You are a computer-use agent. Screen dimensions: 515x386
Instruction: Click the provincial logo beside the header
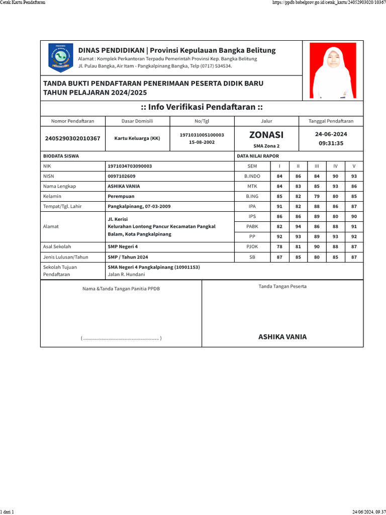tap(60, 57)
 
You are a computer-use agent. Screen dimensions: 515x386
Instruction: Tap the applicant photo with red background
tap(333, 70)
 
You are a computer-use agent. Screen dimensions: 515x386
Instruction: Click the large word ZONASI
tap(266, 134)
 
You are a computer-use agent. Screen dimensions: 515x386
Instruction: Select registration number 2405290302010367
tap(72, 138)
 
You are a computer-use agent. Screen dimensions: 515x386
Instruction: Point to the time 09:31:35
tap(331, 143)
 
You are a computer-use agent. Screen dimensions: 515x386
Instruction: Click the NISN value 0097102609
tap(122, 176)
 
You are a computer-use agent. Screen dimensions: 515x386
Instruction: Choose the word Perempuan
tap(121, 196)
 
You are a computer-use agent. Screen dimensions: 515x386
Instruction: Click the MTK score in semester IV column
tap(335, 186)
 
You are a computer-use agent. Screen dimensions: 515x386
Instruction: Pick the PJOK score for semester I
tap(279, 246)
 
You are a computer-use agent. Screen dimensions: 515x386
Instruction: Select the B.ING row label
tap(252, 196)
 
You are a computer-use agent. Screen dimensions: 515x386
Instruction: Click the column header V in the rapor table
tap(354, 166)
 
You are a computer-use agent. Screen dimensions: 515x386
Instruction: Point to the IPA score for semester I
tap(279, 206)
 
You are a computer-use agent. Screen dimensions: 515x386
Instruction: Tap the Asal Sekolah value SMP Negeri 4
tap(123, 246)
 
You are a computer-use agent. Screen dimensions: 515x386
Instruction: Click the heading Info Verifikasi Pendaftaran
tap(202, 108)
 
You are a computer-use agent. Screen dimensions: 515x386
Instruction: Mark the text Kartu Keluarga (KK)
tap(137, 138)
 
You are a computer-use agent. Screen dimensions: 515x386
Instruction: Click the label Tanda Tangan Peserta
tap(282, 286)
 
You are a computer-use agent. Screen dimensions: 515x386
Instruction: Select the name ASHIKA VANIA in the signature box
tap(282, 337)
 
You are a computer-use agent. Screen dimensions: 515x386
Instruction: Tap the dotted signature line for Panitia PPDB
tap(121, 338)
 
